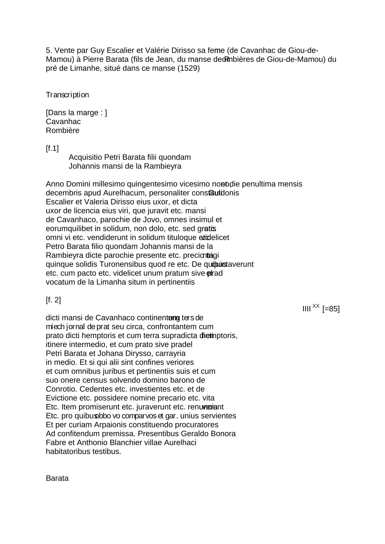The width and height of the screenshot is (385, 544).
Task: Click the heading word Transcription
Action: coord(67,95)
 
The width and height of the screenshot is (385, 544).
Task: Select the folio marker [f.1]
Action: coord(52,149)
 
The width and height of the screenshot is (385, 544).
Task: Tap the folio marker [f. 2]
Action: coord(53,300)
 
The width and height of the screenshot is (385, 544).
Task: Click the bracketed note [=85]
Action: coord(331,309)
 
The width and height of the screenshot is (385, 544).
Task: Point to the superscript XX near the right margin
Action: coord(316,306)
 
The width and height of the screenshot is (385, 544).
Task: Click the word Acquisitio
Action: coord(85,157)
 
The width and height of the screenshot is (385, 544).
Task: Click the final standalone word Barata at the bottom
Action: coord(57,478)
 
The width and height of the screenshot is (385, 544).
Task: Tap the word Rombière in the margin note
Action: coord(62,131)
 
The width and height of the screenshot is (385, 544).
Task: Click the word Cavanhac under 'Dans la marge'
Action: coord(63,122)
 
